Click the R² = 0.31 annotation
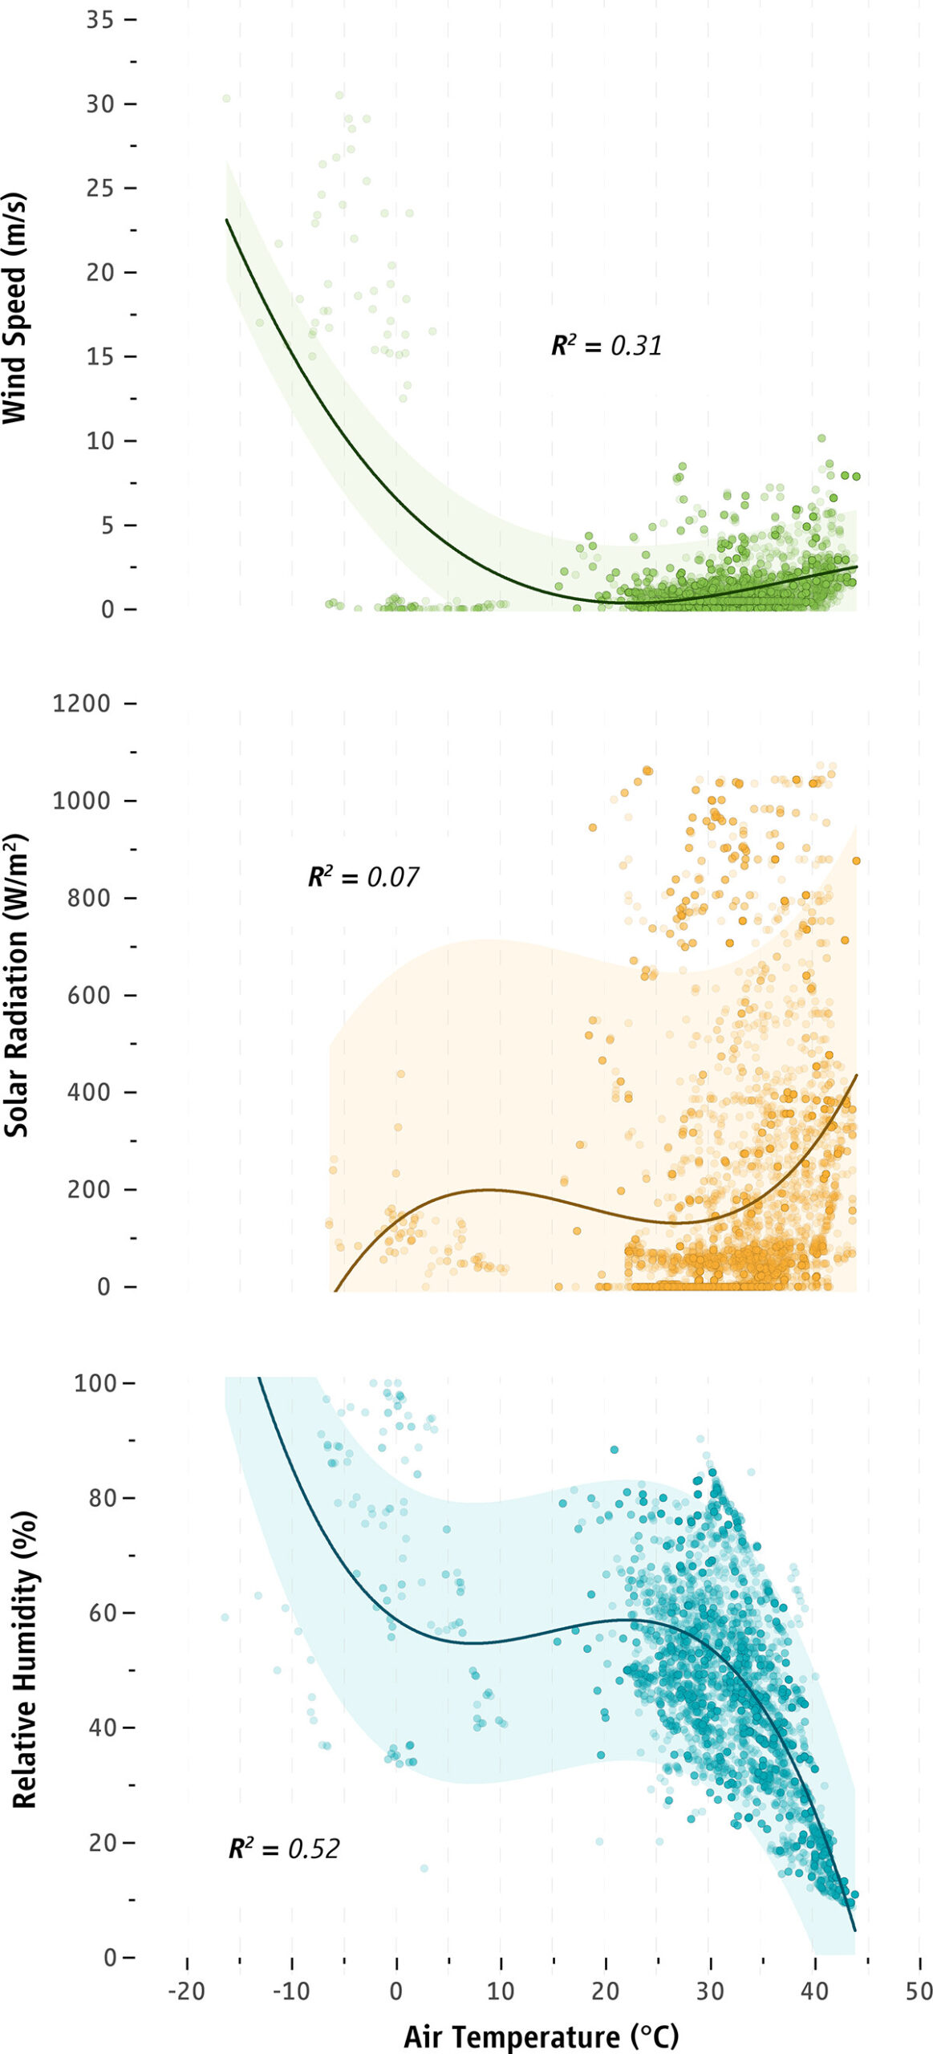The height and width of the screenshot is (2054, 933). coord(606,346)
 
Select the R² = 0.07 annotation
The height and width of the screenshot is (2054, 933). coord(363,877)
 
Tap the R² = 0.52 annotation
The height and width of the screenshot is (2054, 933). coord(284,1849)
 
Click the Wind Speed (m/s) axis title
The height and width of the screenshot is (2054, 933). coord(15,307)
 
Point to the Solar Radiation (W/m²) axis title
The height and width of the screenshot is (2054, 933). coord(16,986)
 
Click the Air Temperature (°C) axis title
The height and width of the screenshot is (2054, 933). coord(541,2036)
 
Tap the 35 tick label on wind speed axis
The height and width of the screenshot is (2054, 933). coord(100,19)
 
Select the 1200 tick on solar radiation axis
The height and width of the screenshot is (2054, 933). coord(82,704)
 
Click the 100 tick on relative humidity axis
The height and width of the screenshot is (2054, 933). coord(95,1383)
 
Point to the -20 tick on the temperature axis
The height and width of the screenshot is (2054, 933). coord(187,1991)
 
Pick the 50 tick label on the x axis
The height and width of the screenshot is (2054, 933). coord(919,1991)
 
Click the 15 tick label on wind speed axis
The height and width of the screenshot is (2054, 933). coord(100,356)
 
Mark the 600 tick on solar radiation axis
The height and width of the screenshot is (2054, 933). coord(89,995)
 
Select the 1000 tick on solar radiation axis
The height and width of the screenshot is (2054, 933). coord(82,801)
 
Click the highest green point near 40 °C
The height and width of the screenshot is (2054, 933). coord(821,438)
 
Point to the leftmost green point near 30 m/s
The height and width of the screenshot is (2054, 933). coord(226,99)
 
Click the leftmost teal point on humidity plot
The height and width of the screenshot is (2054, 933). coord(225,1617)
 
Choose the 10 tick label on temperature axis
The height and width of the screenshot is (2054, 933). coord(501,1991)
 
